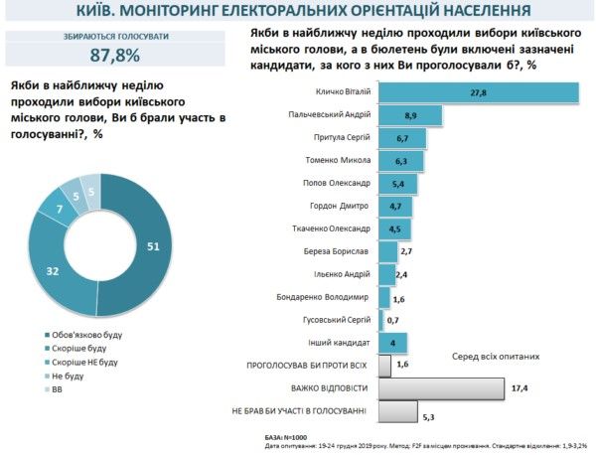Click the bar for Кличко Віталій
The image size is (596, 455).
(477, 92)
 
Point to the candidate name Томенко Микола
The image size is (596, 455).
(337, 160)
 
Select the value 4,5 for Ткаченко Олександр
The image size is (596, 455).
(394, 228)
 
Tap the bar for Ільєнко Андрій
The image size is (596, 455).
(383, 274)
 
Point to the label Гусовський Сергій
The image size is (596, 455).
(331, 320)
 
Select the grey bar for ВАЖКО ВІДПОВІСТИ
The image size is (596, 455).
(440, 387)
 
